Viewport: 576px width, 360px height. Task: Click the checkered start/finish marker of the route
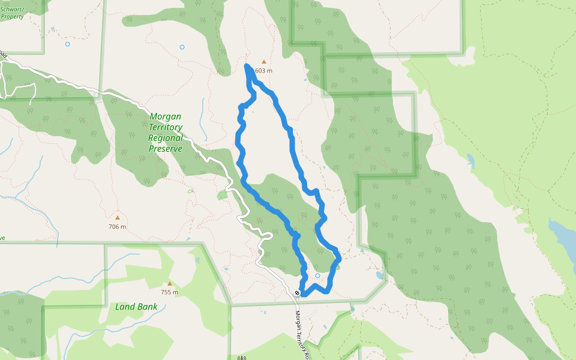pos(298,293)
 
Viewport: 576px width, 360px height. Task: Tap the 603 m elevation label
pos(264,71)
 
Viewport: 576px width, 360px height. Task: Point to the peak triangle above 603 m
pos(263,61)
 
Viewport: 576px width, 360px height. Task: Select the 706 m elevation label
pos(118,227)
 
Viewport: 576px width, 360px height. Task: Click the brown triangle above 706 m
pos(118,217)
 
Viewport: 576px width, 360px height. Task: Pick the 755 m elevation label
pos(170,293)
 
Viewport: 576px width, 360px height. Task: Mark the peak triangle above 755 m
pos(170,284)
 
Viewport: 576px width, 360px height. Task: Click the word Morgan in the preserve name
pos(166,116)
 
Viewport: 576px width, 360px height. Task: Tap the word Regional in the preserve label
pos(166,138)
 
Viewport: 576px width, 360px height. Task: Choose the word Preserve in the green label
pos(166,148)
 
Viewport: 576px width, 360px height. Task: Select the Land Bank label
pos(136,307)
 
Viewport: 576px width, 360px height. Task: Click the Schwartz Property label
pos(12,13)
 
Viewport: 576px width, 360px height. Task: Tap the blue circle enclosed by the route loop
pos(317,276)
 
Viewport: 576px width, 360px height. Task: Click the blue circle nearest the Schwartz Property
pos(67,44)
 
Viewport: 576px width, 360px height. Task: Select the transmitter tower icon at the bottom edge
pos(242,358)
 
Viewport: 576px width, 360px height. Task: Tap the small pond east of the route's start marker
pos(379,276)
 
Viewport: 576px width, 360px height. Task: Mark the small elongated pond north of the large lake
pos(470,161)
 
